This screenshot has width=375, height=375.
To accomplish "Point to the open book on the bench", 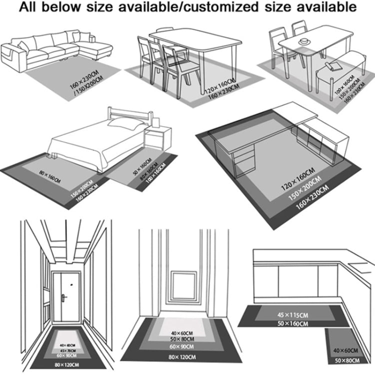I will click(x=332, y=65).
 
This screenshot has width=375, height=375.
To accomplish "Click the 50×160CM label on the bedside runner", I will click(x=142, y=167).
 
